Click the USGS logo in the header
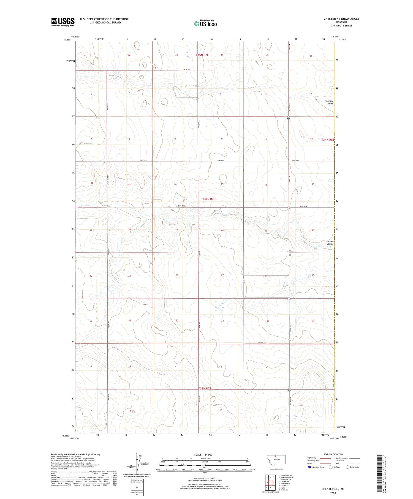(63, 22)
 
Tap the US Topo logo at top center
(205, 24)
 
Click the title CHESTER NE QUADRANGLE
(341, 19)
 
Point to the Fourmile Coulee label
(329, 102)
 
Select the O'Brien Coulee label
(330, 242)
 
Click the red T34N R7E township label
(208, 199)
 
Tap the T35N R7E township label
(202, 55)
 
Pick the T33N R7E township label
(205, 388)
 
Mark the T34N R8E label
(328, 140)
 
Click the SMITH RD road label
(186, 70)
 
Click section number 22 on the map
(222, 230)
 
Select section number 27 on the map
(222, 275)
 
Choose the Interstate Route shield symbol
(310, 467)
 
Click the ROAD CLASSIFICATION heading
(333, 454)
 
